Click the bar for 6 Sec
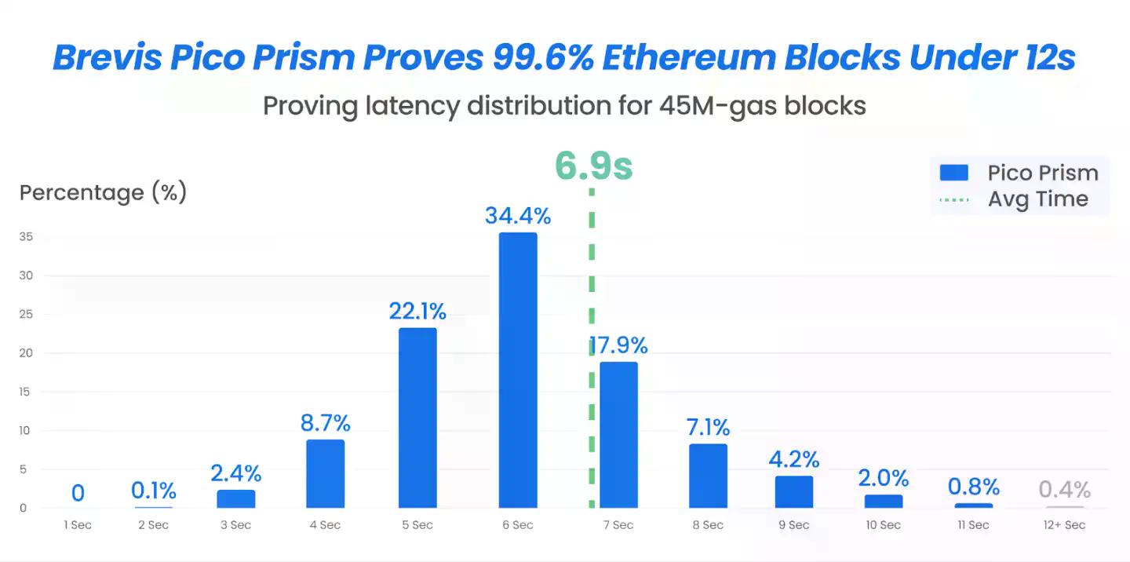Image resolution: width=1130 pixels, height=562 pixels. (x=518, y=370)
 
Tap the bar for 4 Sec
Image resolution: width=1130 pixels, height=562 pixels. (x=325, y=473)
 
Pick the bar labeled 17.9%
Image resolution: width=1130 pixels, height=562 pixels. (x=618, y=434)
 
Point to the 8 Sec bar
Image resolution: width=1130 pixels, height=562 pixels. (x=708, y=476)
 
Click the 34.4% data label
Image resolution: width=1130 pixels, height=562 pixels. (x=518, y=216)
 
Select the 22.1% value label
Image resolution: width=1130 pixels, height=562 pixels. (x=417, y=312)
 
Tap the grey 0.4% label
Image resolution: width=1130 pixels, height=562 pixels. (x=1065, y=490)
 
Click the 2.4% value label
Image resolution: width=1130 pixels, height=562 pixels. (x=235, y=473)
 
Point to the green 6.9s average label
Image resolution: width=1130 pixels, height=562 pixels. (x=593, y=166)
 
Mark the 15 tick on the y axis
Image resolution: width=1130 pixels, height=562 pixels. (x=25, y=392)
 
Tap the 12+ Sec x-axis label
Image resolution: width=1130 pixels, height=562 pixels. (x=1064, y=525)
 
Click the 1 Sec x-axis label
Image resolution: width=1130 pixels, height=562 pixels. (x=78, y=525)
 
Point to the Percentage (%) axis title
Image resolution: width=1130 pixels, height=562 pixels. (x=103, y=193)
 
